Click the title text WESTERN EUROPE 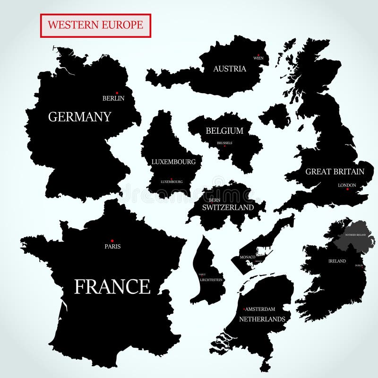tap(95, 25)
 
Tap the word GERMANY tap(80, 117)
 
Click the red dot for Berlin tap(117, 93)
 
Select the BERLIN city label tap(113, 98)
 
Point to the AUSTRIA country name tap(230, 69)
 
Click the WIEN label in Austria tap(258, 58)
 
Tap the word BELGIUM tap(224, 131)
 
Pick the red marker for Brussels tap(224, 146)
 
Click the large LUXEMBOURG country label tap(173, 162)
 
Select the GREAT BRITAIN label tap(335, 172)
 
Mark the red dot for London tap(347, 189)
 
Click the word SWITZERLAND tap(228, 207)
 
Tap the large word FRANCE tap(112, 286)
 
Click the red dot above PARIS tap(112, 241)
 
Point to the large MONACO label tap(248, 257)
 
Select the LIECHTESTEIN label tap(211, 280)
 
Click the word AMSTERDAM tap(260, 309)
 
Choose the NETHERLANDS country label tap(262, 319)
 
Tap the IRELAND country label tap(337, 261)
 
